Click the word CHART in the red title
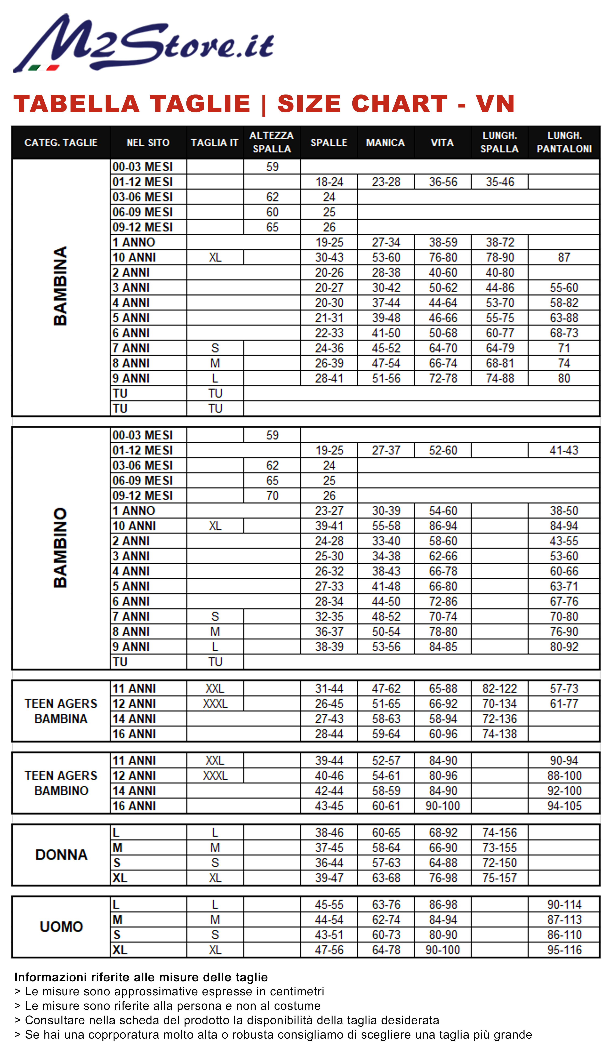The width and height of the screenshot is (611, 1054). [x=399, y=104]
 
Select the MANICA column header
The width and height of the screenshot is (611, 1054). [x=385, y=143]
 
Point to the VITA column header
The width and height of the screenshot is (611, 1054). [x=442, y=143]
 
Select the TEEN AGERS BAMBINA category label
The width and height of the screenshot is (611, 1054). [x=61, y=711]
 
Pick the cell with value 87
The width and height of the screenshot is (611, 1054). [x=564, y=257]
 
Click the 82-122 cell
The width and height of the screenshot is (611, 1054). [x=499, y=689]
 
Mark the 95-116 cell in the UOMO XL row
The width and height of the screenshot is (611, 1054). [x=564, y=950]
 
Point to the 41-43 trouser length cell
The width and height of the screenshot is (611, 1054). [x=564, y=450]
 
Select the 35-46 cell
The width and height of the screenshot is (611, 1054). [x=499, y=182]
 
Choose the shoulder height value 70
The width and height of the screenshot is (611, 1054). [x=272, y=496]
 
